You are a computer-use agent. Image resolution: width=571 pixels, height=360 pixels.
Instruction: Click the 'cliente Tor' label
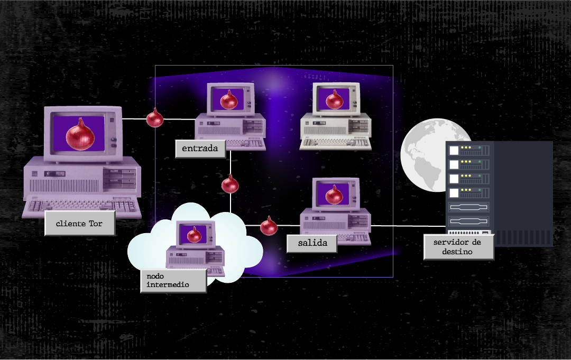pos(79,224)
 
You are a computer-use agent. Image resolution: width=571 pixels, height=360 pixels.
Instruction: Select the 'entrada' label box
pos(200,149)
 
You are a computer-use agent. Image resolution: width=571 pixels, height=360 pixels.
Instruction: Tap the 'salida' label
pos(309,243)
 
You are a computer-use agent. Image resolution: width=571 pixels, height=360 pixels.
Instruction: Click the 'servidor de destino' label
pos(459,247)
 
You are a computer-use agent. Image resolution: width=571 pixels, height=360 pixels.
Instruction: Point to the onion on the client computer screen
pos(80,134)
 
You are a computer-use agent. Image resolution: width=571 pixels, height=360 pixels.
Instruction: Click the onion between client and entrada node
pos(155,118)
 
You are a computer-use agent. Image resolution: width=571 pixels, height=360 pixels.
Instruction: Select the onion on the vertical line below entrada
pos(230,184)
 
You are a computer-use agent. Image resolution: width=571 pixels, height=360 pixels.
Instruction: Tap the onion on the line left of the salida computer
pos(269,226)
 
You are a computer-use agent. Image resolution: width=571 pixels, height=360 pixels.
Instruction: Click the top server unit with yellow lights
pos(467,150)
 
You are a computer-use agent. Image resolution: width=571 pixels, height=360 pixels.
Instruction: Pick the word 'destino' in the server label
pos(458,252)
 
